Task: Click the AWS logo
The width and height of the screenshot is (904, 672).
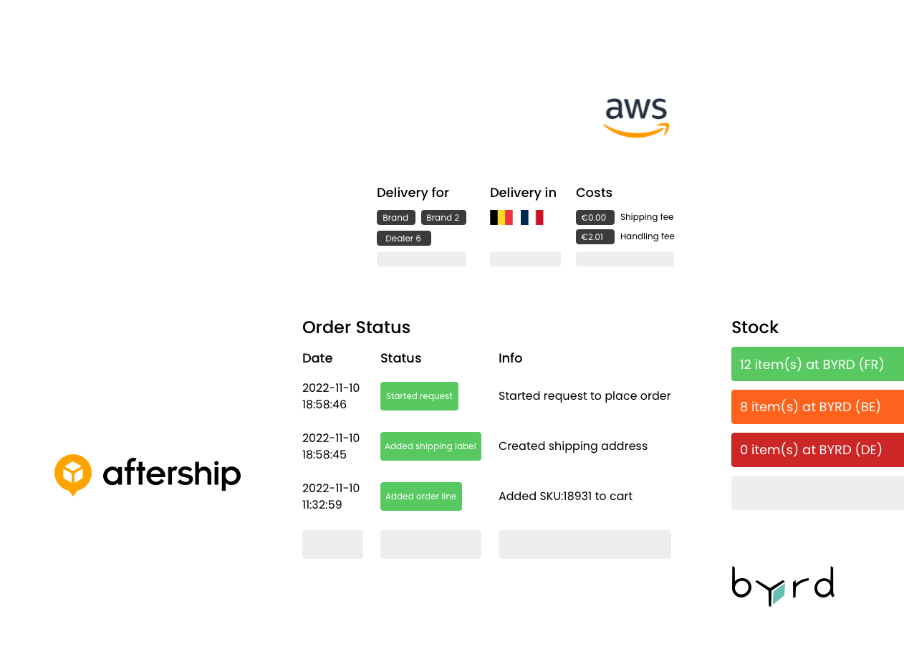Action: point(636,117)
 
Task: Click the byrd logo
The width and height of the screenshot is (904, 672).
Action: point(783,586)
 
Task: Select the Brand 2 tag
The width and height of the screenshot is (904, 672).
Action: point(443,217)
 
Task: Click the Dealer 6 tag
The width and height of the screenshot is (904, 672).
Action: point(403,238)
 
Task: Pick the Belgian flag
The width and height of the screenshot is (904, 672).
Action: point(501,217)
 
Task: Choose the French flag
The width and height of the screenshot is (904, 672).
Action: point(532,217)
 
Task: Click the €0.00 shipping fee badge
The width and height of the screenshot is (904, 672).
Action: point(595,217)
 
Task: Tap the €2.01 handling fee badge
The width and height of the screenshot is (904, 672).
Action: point(595,236)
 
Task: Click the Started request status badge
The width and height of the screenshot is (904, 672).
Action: point(419,396)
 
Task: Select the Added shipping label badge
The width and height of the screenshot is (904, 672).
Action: point(431,446)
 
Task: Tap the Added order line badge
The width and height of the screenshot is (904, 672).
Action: point(421,496)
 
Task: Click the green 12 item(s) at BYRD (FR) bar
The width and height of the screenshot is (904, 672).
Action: point(817,364)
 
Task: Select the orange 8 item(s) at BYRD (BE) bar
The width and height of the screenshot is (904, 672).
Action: point(817,406)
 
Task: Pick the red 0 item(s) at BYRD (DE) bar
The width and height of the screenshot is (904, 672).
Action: point(817,449)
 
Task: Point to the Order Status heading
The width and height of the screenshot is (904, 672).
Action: point(356,327)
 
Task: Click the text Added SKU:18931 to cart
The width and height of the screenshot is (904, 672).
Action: point(565,496)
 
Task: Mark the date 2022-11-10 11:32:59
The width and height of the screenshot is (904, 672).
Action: point(330,496)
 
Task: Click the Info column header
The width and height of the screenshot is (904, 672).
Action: point(510,358)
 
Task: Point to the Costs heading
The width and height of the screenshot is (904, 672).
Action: point(594,193)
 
